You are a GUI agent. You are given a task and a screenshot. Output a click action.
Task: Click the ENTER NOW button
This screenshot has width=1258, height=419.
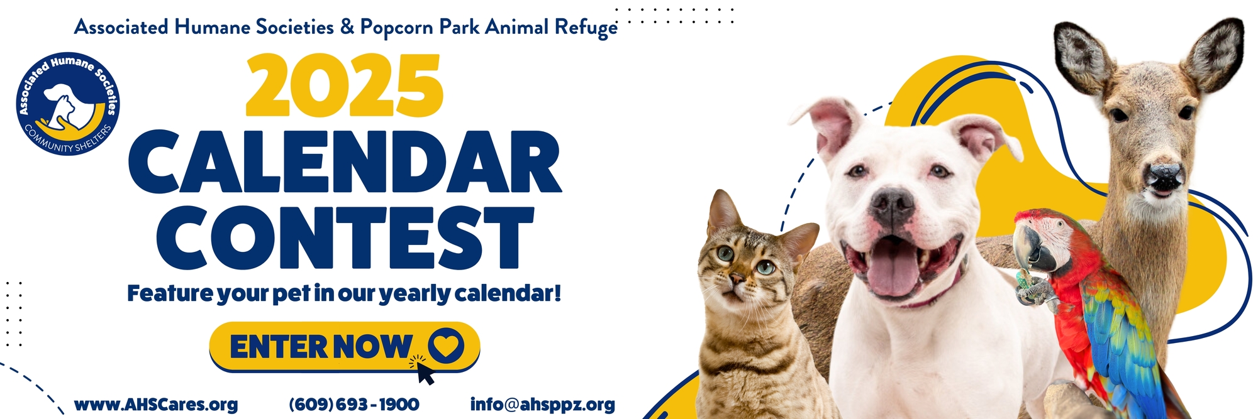pyautogui.click(x=345, y=347)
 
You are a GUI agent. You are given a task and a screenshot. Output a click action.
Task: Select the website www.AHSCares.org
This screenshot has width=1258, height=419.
pyautogui.click(x=156, y=405)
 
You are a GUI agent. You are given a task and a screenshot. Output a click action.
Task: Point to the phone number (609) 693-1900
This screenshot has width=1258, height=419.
pyautogui.click(x=354, y=405)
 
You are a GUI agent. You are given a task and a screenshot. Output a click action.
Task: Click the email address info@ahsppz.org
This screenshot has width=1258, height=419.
pyautogui.click(x=543, y=405)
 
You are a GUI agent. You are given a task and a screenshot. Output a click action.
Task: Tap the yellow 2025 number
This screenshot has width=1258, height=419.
pyautogui.click(x=345, y=85)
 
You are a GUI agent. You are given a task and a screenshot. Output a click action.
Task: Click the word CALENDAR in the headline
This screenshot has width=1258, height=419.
pyautogui.click(x=345, y=163)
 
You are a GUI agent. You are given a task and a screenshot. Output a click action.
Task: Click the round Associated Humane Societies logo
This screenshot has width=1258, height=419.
pyautogui.click(x=68, y=104)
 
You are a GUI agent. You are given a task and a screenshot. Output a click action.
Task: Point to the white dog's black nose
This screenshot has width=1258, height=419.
pyautogui.click(x=893, y=204)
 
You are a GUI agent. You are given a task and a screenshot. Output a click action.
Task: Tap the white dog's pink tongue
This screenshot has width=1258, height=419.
pyautogui.click(x=893, y=269)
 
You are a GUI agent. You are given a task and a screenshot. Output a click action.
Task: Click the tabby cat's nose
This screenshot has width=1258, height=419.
pyautogui.click(x=735, y=280)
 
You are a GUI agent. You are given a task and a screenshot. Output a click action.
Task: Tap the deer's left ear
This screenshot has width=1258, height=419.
pyautogui.click(x=1081, y=54)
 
